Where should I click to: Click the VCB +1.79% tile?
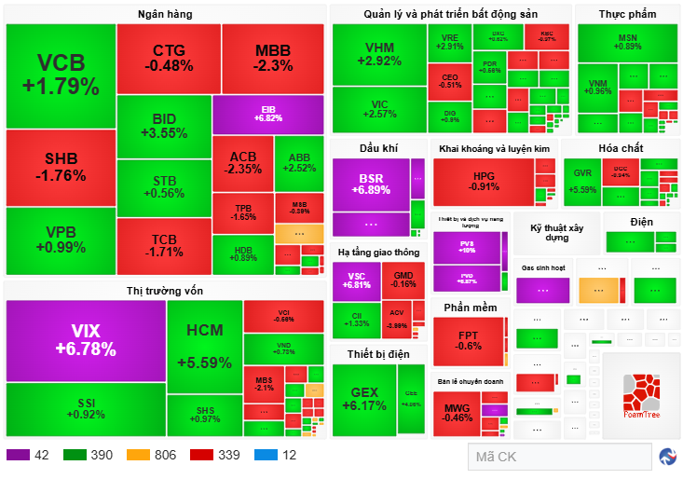(61, 75)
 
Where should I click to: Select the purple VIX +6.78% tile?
(86, 340)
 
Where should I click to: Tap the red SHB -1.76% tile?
(61, 167)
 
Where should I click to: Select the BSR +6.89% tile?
(371, 184)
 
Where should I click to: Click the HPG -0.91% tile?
(484, 180)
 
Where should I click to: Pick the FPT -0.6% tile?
(469, 341)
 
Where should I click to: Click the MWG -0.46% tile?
(457, 411)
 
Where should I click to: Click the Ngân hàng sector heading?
(166, 14)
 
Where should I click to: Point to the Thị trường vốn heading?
(165, 291)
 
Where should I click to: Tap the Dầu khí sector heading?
(378, 148)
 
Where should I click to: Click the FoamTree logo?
(641, 396)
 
